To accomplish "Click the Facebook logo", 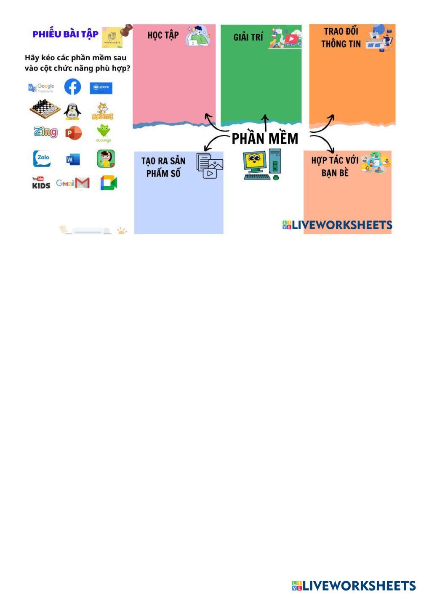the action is point(72,87).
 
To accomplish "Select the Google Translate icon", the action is point(41,88).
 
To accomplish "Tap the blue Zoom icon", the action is point(101,88).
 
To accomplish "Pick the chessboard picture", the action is point(45,109).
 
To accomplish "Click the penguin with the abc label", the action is point(72,112).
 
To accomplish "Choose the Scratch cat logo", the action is point(103,111).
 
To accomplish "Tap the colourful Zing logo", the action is point(45,132).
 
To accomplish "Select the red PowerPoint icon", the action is point(74,134).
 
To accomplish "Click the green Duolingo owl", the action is point(103,133).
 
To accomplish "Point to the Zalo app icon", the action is point(42,158).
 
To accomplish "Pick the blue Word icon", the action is point(73,160).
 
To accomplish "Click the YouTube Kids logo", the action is point(41,183).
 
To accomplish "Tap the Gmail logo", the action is point(73,183).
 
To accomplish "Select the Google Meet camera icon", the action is point(108,183).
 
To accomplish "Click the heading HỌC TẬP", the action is point(163,35).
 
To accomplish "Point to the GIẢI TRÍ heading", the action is point(248,37).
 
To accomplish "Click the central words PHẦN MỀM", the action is point(265,138).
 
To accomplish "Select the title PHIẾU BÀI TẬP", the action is point(66,34).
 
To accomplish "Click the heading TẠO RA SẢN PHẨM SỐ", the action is point(163,167).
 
